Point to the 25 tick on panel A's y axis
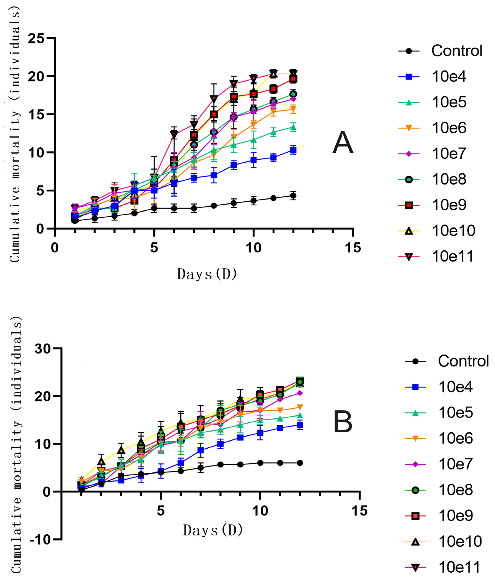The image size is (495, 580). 36,38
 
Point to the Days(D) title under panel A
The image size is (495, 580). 207,274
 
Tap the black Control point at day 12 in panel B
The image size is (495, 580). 300,463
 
